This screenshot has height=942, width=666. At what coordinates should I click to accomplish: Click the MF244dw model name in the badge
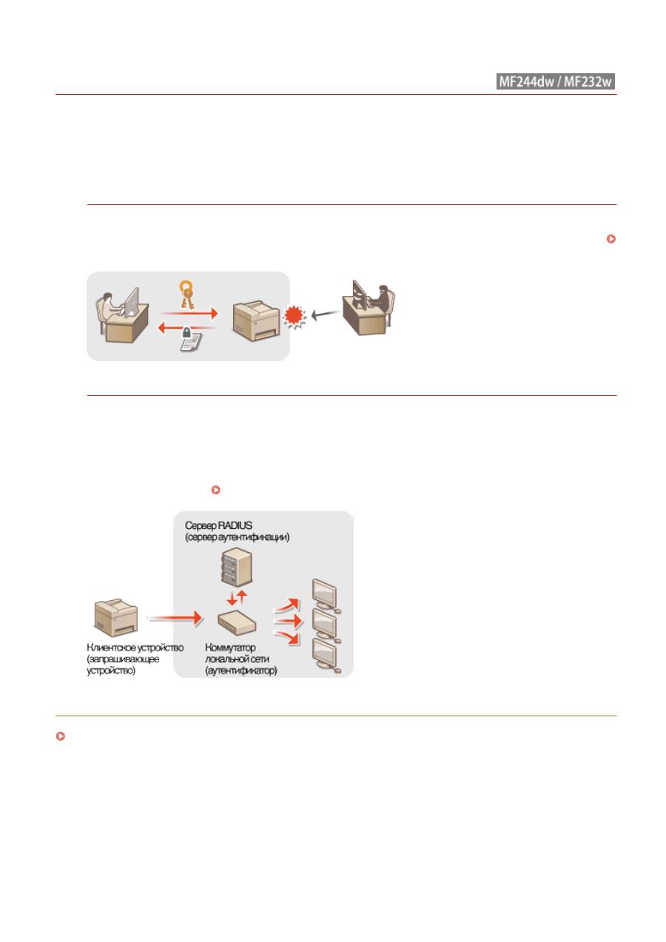(x=526, y=81)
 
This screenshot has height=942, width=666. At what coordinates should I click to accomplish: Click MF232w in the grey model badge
(x=588, y=81)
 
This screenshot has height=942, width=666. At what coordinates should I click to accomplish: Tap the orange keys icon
(x=186, y=295)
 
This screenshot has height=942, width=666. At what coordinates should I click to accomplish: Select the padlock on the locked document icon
(x=186, y=333)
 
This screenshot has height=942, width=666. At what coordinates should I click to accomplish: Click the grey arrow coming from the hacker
(x=325, y=314)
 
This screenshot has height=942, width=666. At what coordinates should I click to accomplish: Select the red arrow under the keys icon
(x=189, y=313)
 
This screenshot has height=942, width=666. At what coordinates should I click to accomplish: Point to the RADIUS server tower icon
(x=237, y=567)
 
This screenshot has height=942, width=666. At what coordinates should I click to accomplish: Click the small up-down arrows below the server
(x=237, y=597)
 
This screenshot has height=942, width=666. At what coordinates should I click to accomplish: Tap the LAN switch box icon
(x=237, y=623)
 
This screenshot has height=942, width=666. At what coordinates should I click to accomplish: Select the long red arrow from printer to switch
(x=175, y=618)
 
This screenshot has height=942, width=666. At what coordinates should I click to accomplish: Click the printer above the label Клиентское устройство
(x=116, y=618)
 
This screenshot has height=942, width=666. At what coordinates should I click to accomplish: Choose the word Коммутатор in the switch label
(x=230, y=647)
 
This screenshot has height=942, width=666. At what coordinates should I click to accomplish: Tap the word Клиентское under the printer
(x=111, y=647)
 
